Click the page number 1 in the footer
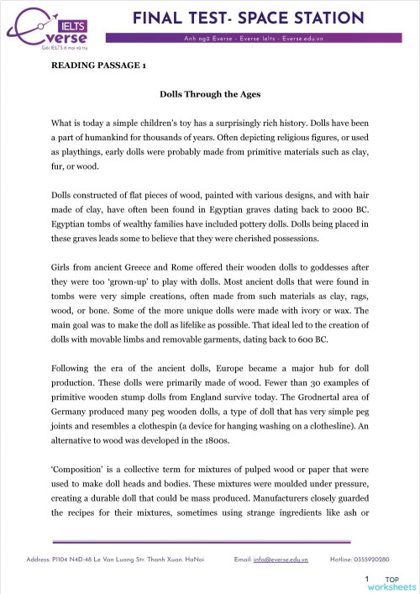[367, 579]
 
